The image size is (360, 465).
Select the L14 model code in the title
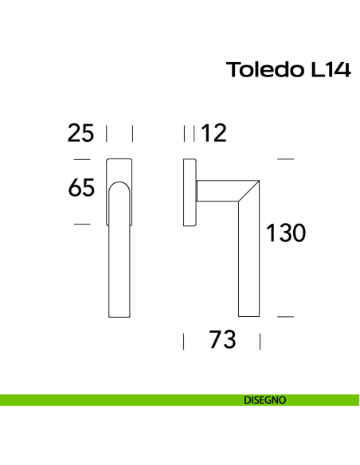tap(327, 70)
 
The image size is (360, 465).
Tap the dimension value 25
tap(80, 133)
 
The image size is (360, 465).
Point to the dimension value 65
tap(81, 189)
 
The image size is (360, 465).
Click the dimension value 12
tap(213, 133)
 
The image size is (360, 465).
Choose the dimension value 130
tap(285, 234)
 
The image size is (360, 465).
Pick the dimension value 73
tap(223, 341)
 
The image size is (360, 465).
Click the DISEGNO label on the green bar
tap(265, 401)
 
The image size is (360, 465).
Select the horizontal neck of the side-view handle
tap(219, 191)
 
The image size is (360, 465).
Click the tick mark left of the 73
tap(184, 342)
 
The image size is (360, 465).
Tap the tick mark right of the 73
tap(261, 342)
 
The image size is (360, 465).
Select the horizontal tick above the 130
tap(285, 160)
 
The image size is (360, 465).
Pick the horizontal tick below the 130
tap(285, 317)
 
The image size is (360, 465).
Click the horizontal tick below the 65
tap(81, 225)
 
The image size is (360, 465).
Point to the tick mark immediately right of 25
tap(107, 133)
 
